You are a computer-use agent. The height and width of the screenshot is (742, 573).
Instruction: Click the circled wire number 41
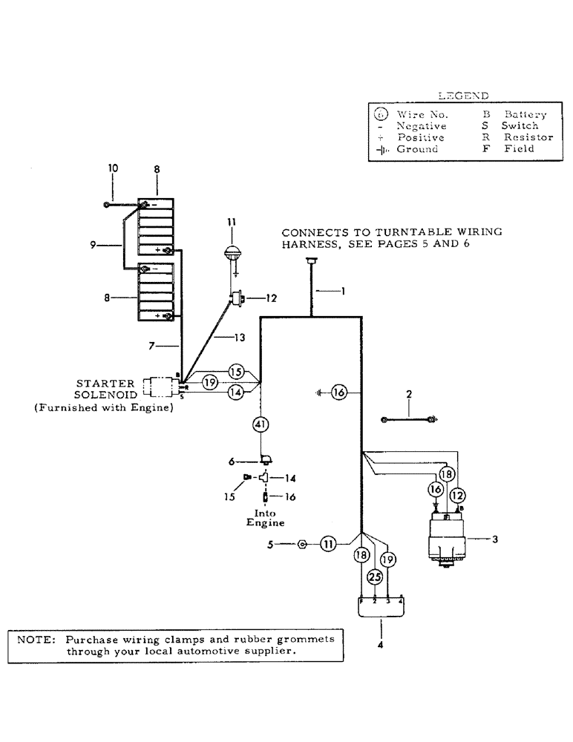pyautogui.click(x=260, y=424)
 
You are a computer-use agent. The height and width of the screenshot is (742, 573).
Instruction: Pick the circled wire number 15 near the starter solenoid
pyautogui.click(x=236, y=370)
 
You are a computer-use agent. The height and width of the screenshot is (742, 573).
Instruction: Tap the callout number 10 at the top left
pyautogui.click(x=113, y=168)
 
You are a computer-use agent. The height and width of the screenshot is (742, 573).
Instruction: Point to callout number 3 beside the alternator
pyautogui.click(x=496, y=539)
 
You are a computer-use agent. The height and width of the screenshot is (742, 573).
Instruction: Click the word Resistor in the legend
pyautogui.click(x=528, y=137)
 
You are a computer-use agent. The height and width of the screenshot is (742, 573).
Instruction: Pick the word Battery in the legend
pyautogui.click(x=525, y=114)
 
